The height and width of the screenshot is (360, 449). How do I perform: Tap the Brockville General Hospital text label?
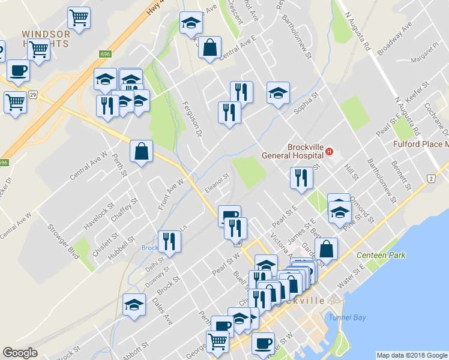pyautogui.click(x=292, y=151)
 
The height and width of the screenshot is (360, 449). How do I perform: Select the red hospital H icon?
pyautogui.click(x=330, y=152)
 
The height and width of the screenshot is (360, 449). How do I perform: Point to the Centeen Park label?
pyautogui.click(x=381, y=255)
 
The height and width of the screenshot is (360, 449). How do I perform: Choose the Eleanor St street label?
pyautogui.click(x=216, y=181)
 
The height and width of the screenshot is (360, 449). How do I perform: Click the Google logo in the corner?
pyautogui.click(x=20, y=353)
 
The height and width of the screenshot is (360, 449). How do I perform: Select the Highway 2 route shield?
pyautogui.click(x=430, y=178)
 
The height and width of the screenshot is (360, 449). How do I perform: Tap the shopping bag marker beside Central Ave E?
pyautogui.click(x=210, y=48)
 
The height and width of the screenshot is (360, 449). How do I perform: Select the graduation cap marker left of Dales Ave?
pyautogui.click(x=134, y=304)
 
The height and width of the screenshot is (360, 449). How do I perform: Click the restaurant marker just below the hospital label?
pyautogui.click(x=300, y=178)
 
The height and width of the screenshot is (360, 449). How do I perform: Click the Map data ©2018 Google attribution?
pyautogui.click(x=412, y=355)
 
